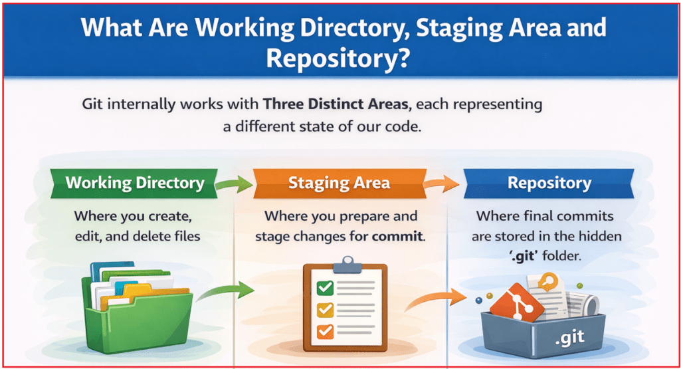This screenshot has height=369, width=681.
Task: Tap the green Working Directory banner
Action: tap(135, 183)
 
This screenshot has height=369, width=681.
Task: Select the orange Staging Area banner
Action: tap(339, 183)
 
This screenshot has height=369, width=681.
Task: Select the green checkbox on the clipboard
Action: tap(325, 288)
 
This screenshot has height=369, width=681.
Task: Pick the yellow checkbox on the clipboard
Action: tap(325, 309)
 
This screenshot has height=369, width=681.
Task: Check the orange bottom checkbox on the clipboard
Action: tap(325, 330)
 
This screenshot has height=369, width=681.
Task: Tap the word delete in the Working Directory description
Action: tap(155, 235)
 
